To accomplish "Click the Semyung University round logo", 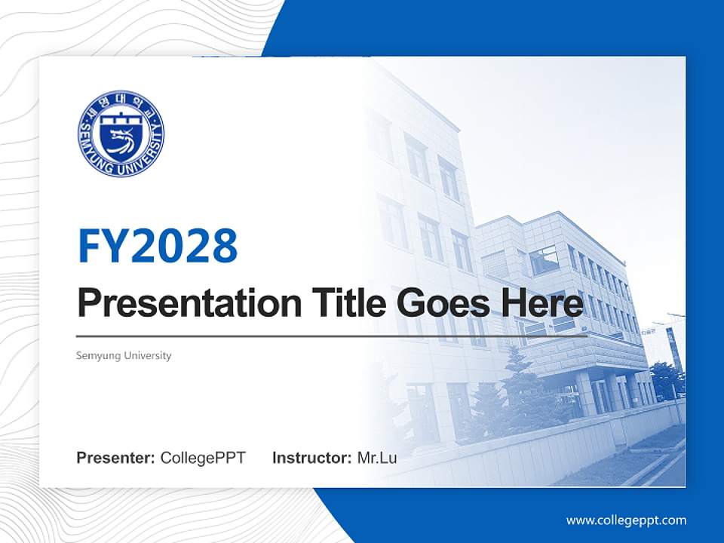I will pyautogui.click(x=121, y=134).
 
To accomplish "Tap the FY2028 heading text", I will pyautogui.click(x=158, y=245).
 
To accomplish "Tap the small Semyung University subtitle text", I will pyautogui.click(x=124, y=355).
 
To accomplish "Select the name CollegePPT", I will pyautogui.click(x=203, y=458).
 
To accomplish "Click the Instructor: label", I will pyautogui.click(x=311, y=458).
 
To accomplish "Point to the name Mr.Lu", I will pyautogui.click(x=377, y=458).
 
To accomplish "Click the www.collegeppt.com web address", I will pyautogui.click(x=626, y=520).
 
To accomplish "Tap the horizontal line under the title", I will pyautogui.click(x=332, y=336).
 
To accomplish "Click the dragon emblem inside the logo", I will pyautogui.click(x=121, y=141).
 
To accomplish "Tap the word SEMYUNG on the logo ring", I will pyautogui.click(x=90, y=151).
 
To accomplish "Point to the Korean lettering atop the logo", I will pyautogui.click(x=121, y=101).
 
